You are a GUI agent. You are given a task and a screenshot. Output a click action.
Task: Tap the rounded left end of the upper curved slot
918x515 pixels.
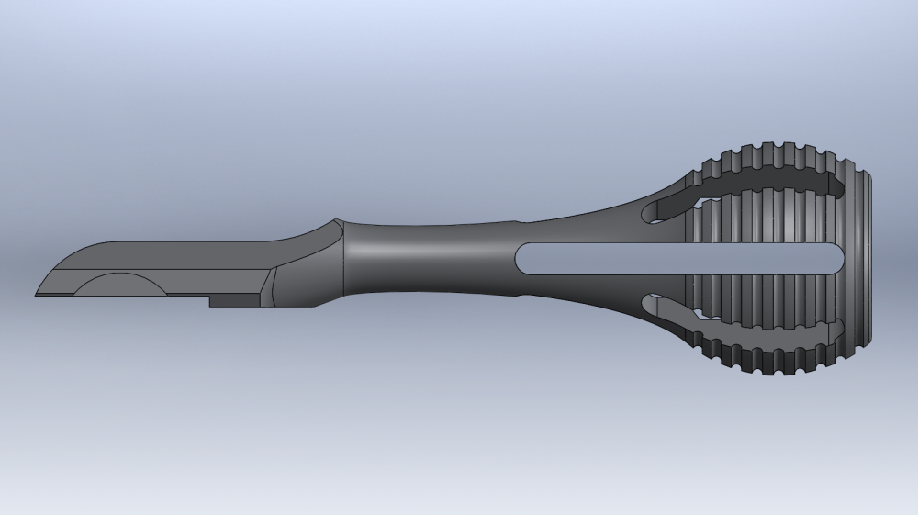[x=651, y=213]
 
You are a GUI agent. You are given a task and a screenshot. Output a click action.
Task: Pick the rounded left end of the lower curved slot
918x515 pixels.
[x=651, y=303]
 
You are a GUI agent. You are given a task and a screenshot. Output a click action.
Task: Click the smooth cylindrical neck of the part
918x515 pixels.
[x=422, y=257]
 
